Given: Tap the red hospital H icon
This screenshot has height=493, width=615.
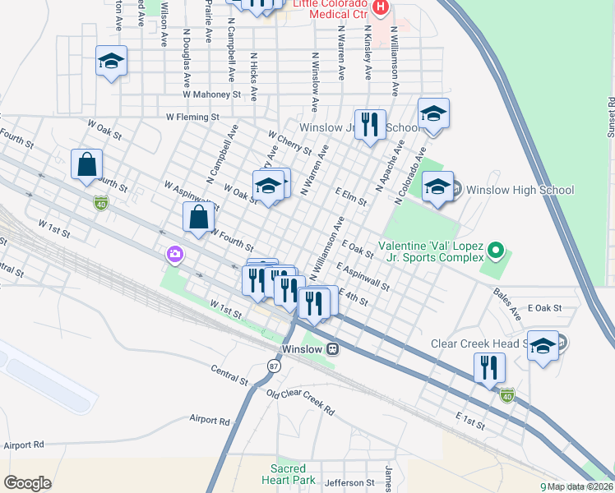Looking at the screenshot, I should [380, 8].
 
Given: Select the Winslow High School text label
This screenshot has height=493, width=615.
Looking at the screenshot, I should [520, 191].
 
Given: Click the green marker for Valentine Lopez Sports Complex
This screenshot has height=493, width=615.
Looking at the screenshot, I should [494, 248].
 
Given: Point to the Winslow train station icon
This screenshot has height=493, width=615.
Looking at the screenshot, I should [332, 348].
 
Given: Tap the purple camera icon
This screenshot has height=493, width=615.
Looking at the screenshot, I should [174, 254].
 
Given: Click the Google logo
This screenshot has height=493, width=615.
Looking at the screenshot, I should [27, 483].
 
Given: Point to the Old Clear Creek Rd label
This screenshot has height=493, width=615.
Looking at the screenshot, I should [301, 403].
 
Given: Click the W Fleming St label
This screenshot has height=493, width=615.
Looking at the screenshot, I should [193, 117].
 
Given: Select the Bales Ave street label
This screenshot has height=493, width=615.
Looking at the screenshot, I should [507, 297].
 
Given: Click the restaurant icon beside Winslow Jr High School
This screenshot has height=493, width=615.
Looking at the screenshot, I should [370, 125].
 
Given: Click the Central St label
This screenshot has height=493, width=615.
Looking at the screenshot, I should [229, 375].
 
